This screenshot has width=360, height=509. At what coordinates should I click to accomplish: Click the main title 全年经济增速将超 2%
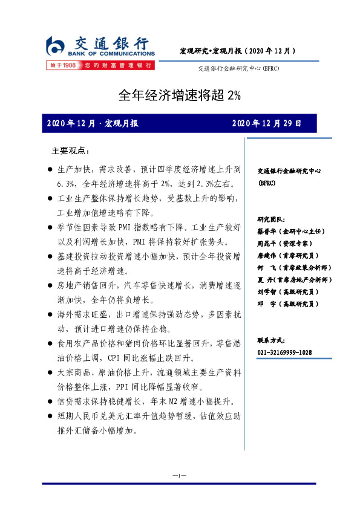[179, 95]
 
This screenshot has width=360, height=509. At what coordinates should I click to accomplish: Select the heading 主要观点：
[70, 150]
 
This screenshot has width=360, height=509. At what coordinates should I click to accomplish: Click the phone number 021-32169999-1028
[284, 352]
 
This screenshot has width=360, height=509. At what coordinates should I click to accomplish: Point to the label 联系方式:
[270, 340]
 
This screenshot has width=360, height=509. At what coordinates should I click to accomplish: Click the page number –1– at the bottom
[179, 476]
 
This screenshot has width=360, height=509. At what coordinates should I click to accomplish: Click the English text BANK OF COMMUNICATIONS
[110, 54]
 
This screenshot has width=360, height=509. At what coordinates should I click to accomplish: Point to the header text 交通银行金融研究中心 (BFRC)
[238, 68]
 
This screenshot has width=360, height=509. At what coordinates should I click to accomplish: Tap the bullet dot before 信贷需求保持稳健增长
[49, 401]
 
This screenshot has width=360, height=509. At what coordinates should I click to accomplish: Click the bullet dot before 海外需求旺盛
[49, 315]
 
